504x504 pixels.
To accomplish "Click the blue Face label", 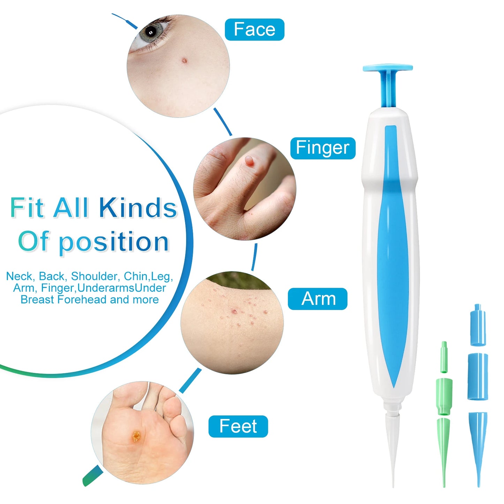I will point(254,30).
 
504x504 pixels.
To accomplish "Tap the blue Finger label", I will point(323,148).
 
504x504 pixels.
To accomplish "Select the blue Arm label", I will point(317,299).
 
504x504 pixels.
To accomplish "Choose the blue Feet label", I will point(238,426).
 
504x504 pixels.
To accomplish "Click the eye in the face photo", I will point(151,32).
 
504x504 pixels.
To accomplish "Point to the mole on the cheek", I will point(184,61).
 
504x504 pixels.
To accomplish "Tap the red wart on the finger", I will point(249,161).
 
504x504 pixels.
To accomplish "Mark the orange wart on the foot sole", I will point(136,436).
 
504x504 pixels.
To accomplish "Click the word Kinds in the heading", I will point(138,208).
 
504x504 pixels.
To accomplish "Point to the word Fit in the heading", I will point(27,208).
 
